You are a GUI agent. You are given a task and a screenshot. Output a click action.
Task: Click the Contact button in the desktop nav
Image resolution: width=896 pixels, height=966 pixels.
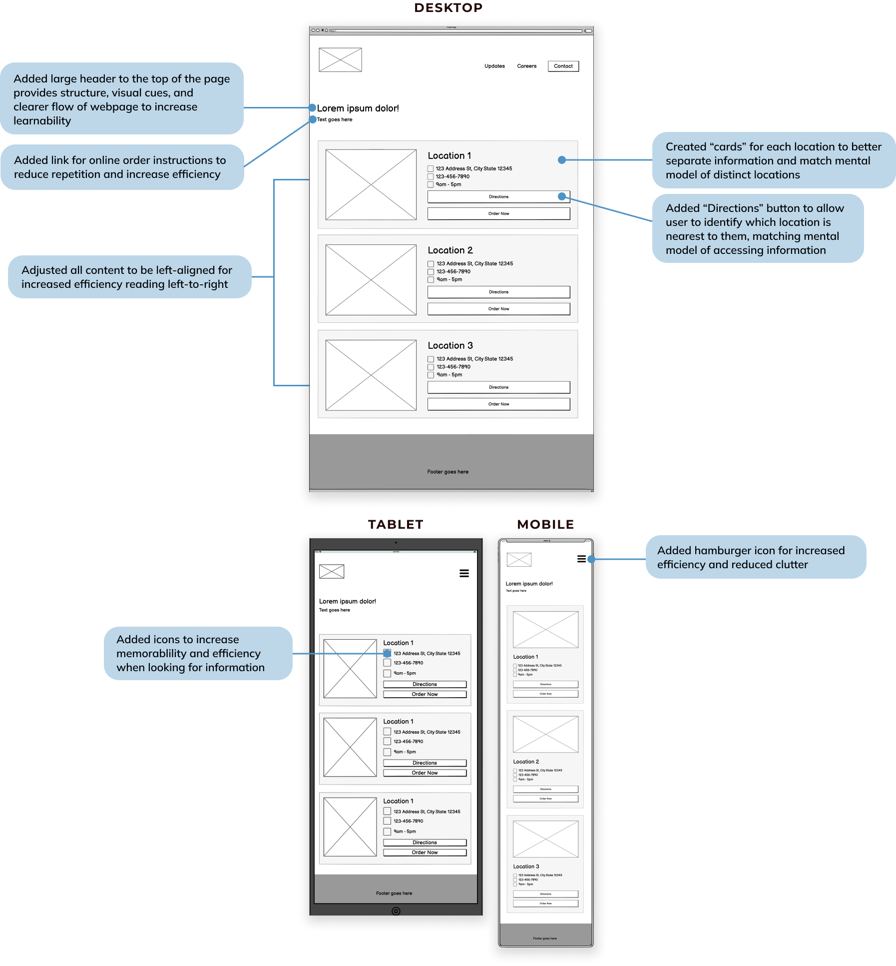click(563, 66)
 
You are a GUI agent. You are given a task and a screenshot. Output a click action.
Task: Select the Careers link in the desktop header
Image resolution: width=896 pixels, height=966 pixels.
click(526, 66)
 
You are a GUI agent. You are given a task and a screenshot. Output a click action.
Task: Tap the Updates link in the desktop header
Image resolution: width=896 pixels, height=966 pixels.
click(494, 66)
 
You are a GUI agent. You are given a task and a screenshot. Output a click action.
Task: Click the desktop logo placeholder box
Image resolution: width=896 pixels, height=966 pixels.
click(340, 60)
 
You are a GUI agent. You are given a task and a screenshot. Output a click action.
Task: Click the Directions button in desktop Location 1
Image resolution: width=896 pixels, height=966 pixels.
click(498, 197)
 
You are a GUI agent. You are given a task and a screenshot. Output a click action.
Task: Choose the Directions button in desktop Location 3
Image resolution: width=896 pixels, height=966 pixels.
click(498, 387)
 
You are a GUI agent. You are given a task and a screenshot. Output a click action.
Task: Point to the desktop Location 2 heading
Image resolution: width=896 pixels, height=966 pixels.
click(450, 250)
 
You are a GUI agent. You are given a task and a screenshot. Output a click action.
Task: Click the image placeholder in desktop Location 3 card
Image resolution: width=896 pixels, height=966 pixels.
click(371, 375)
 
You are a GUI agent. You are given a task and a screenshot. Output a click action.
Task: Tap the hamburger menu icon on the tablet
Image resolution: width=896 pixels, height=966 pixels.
click(464, 573)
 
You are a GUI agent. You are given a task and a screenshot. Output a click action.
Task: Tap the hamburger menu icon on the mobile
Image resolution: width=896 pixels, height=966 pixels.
click(581, 559)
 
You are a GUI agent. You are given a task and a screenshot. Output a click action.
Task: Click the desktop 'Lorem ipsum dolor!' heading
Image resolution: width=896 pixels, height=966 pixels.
click(358, 108)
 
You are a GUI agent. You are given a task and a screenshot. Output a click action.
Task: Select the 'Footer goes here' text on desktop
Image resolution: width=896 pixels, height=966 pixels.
click(448, 472)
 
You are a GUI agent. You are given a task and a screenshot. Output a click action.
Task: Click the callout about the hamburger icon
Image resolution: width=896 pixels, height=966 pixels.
click(756, 557)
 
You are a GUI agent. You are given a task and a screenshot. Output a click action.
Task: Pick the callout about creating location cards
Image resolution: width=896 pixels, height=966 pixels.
click(773, 160)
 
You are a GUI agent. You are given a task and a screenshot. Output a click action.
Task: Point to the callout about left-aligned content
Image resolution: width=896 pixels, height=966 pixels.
click(129, 277)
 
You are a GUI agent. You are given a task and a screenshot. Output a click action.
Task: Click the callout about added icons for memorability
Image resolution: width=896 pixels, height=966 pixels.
click(198, 653)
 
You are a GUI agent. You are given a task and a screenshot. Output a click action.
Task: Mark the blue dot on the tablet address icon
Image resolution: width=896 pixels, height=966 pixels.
click(387, 654)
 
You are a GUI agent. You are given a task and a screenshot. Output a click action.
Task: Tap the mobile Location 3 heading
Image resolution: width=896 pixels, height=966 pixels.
click(526, 867)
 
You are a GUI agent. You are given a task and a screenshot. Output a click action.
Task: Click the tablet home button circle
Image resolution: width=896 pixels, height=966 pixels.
click(396, 911)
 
